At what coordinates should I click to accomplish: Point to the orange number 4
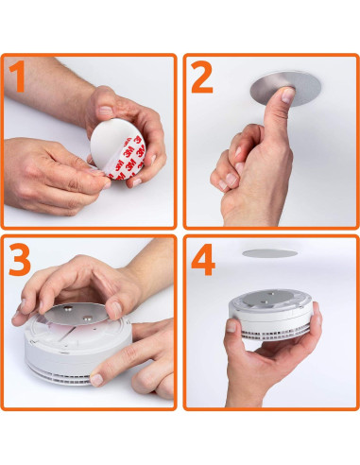tap(203, 263)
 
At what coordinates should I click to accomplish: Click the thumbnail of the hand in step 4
tap(231, 327)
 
